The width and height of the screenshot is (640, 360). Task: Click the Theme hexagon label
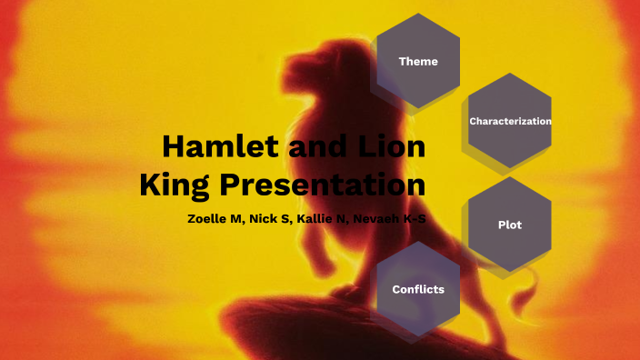click(x=418, y=62)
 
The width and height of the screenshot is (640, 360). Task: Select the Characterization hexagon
click(x=510, y=121)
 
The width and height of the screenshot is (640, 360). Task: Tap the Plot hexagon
click(x=510, y=225)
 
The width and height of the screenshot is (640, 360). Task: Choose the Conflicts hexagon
click(x=418, y=289)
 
